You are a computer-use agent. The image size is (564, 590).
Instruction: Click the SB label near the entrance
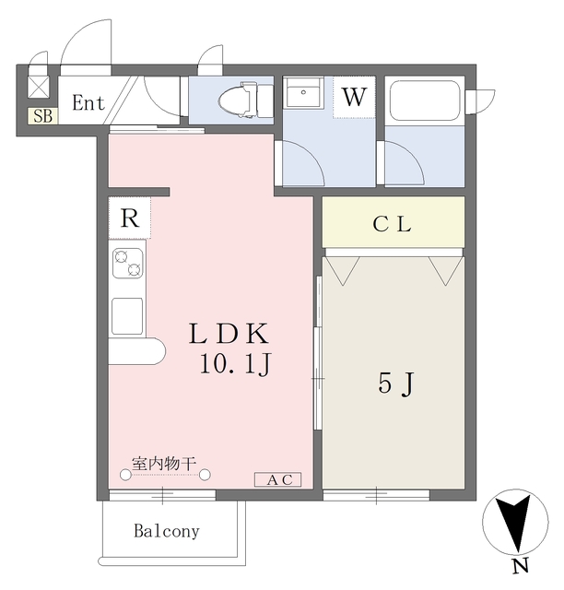click(41, 116)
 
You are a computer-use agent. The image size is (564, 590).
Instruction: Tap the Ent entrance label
click(88, 103)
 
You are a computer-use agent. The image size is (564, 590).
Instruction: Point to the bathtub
click(426, 100)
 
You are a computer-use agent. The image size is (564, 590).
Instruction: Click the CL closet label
click(393, 223)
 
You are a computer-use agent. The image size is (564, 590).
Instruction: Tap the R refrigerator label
click(129, 219)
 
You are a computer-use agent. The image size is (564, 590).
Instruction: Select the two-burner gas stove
click(127, 264)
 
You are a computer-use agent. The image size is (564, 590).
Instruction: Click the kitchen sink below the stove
click(127, 315)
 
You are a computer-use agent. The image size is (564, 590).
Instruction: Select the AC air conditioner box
click(278, 479)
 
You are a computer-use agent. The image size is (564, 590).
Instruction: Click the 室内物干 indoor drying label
click(164, 464)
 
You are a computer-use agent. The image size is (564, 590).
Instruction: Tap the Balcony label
click(167, 531)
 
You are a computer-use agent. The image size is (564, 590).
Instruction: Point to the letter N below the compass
click(521, 565)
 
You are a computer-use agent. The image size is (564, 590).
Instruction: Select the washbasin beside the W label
click(302, 96)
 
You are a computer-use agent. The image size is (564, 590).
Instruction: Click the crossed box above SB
click(41, 88)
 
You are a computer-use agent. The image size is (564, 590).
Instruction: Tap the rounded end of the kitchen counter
click(152, 351)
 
